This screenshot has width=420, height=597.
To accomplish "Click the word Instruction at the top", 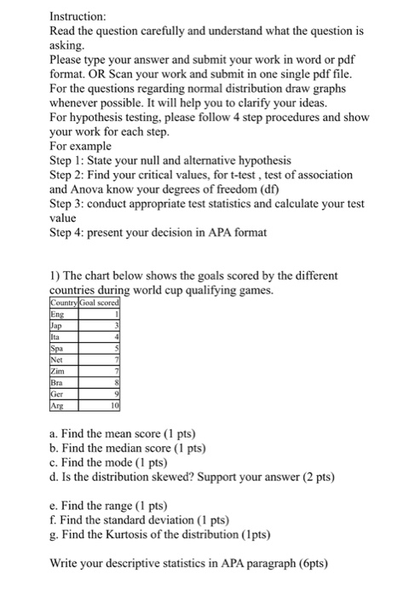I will coord(78,16).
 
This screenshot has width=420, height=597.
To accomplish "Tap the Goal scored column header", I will coord(101,304).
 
